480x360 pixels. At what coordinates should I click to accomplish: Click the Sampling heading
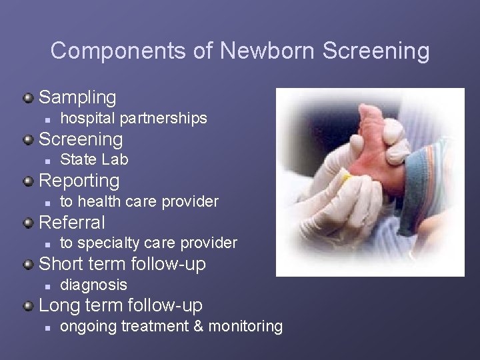(77, 97)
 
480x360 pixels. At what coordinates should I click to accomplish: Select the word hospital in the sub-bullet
(87, 118)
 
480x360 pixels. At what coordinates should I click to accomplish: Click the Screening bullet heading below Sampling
(81, 139)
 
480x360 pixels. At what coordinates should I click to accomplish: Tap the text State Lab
(94, 159)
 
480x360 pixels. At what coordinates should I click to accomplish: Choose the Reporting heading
(79, 181)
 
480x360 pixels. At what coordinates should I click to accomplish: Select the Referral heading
(72, 222)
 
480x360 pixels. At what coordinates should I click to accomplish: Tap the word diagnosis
(93, 285)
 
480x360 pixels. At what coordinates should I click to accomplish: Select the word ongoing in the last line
(85, 326)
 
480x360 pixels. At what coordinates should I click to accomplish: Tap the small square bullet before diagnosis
(47, 285)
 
